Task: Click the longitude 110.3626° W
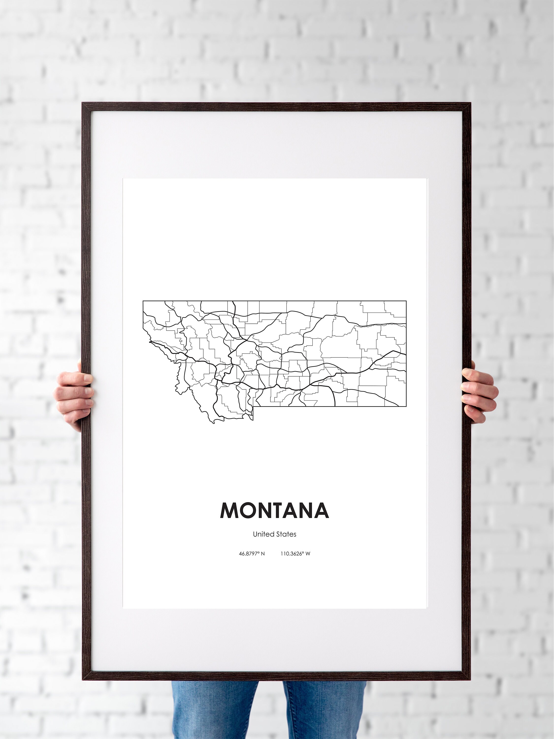pos(295,554)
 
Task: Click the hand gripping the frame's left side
pos(74,394)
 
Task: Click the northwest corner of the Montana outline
pos(143,301)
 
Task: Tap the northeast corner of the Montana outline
pos(406,301)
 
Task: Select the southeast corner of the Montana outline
pos(406,406)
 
